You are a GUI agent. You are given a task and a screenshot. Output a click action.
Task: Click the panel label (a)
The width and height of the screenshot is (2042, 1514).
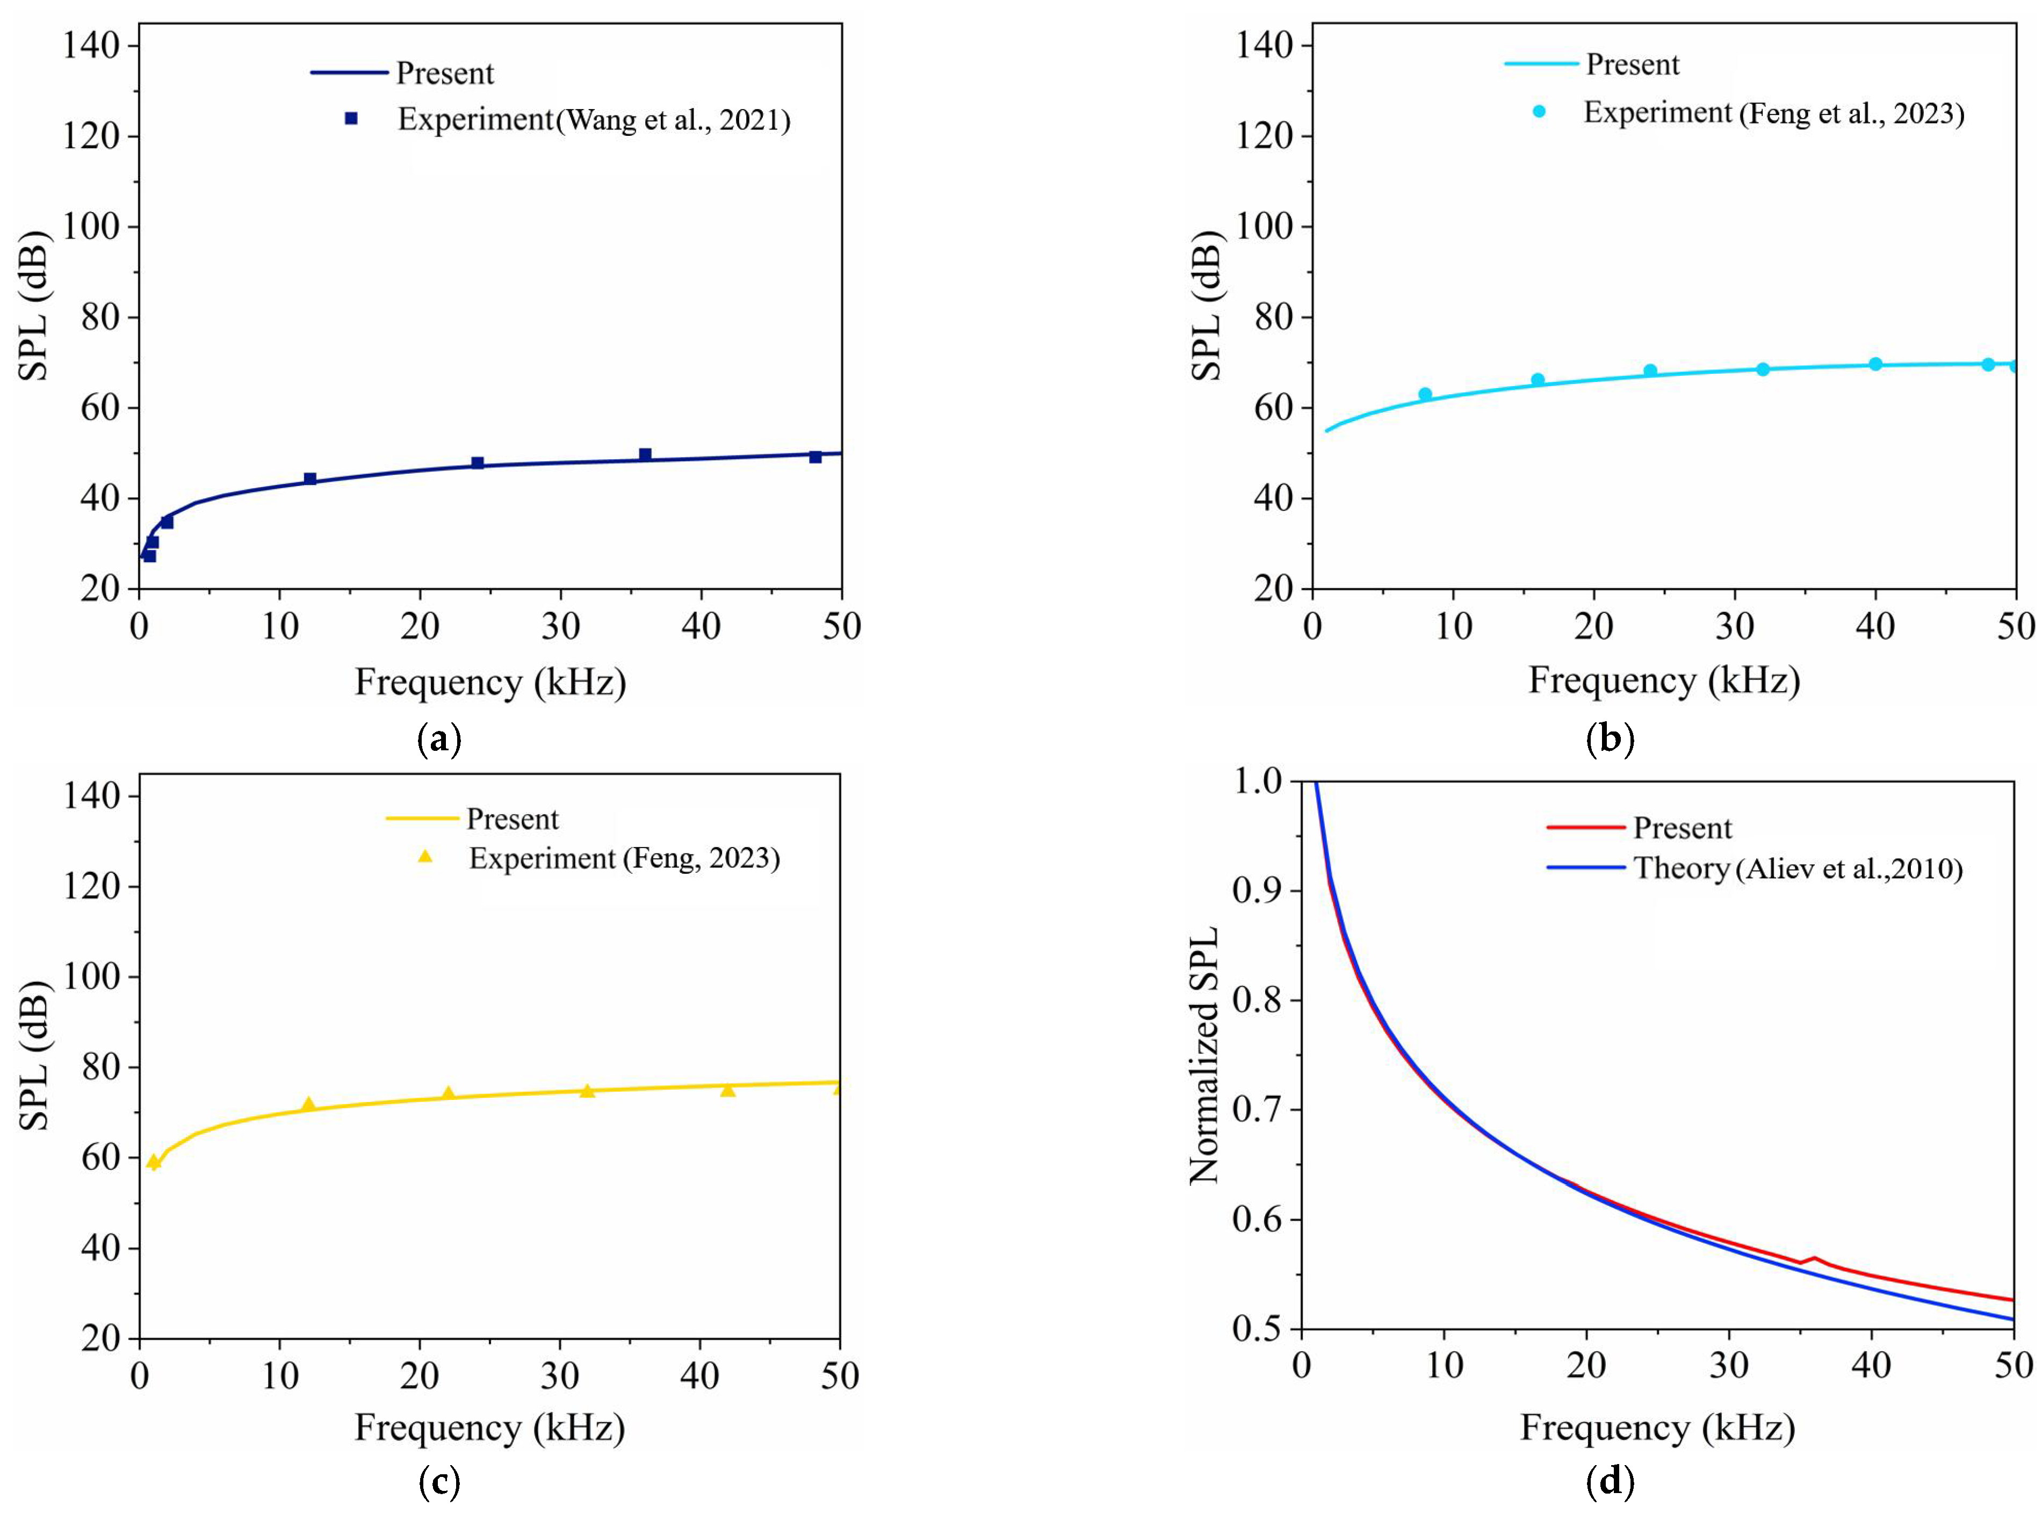pos(439,738)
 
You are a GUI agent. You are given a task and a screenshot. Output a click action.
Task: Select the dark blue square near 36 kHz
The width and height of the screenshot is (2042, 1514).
pos(645,454)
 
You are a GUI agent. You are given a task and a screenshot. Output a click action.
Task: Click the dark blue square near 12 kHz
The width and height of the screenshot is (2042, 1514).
pos(310,479)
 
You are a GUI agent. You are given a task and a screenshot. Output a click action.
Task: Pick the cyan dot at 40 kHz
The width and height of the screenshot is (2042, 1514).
pos(1875,364)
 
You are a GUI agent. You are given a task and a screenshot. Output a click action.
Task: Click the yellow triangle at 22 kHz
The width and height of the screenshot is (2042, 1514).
pos(448,1093)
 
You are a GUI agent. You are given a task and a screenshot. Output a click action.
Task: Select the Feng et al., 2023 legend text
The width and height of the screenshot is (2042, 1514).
pos(1851,114)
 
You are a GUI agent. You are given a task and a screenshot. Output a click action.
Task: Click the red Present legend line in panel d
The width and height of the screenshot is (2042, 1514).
pos(1585,827)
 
